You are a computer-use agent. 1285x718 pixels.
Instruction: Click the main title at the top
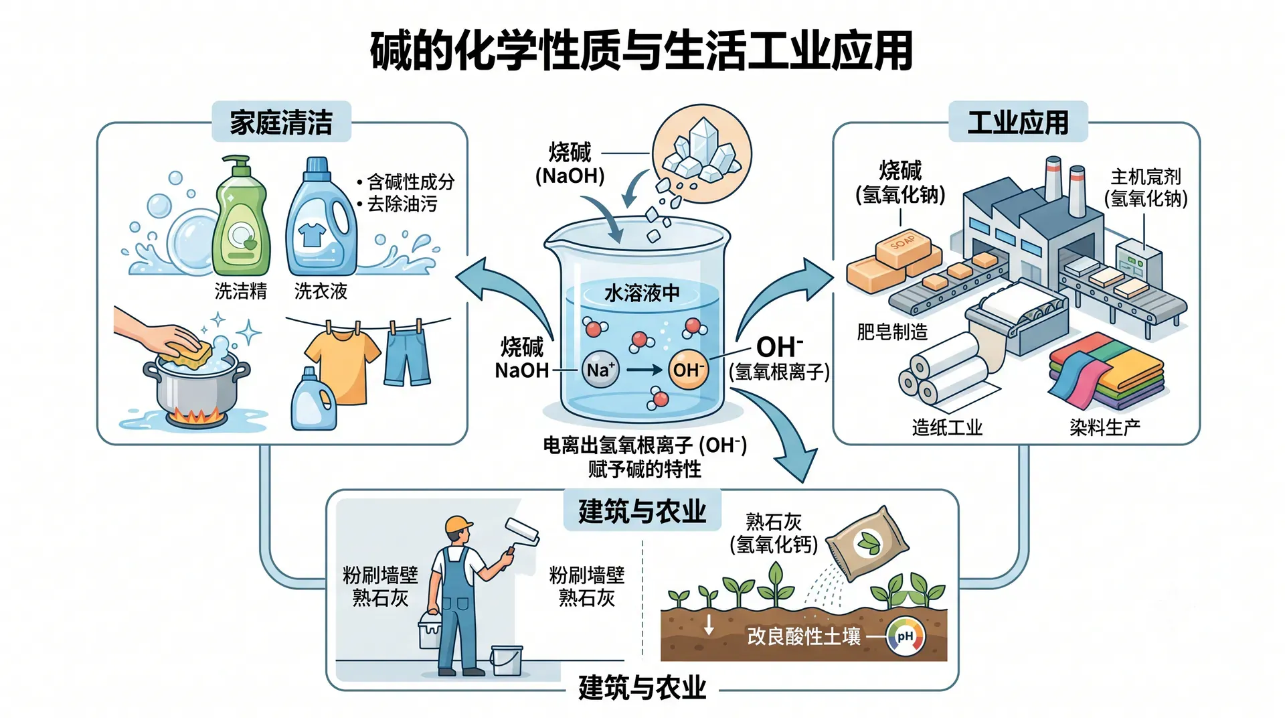(642, 51)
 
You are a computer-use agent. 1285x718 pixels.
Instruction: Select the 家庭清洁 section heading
(281, 123)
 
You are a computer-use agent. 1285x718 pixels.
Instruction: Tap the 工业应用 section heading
(1018, 123)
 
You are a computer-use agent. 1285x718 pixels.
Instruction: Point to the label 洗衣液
(321, 291)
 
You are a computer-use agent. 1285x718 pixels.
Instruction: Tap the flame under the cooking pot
(196, 417)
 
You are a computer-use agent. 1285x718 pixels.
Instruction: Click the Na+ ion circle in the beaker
(600, 370)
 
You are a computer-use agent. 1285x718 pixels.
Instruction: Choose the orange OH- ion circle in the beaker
(688, 370)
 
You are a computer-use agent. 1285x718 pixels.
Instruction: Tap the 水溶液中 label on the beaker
(642, 293)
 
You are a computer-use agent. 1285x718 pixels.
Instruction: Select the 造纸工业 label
(947, 427)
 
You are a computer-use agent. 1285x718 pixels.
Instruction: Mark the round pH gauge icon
(906, 636)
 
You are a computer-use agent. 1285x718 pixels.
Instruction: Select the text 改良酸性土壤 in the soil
(804, 636)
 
